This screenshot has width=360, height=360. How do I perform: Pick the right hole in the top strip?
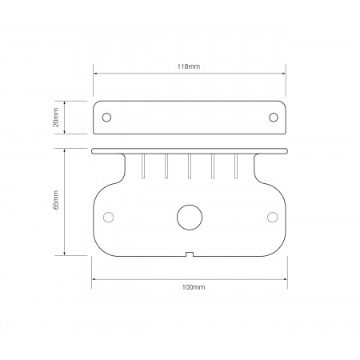pos(273,117)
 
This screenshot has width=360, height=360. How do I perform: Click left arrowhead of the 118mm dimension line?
pos(96,73)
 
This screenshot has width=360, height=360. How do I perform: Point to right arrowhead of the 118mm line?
pos(285,73)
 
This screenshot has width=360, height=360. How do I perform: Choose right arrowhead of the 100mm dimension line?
pos(285,278)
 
